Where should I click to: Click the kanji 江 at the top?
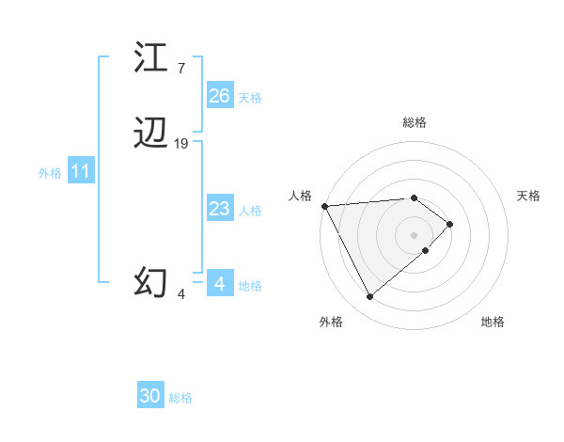coord(150,57)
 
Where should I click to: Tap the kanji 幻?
coord(150,281)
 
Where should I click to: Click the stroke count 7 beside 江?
coord(180,68)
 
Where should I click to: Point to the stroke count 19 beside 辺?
coord(181,144)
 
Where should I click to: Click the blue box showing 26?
coord(220,96)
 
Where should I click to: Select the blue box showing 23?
coord(220,209)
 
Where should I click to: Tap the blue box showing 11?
coord(81,172)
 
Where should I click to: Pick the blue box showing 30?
coord(150,397)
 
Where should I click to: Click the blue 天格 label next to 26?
coord(250,98)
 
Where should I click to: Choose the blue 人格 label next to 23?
coord(250,211)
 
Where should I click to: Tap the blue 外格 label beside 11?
coord(50,173)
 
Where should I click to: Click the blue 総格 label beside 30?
coord(180,399)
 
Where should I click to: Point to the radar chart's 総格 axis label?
coord(415,122)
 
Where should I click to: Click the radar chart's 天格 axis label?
coord(529,196)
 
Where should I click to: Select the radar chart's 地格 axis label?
coord(493,322)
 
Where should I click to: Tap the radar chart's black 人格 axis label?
coord(300,196)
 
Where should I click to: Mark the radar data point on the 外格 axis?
coord(369,297)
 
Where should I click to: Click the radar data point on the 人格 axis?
coord(323,205)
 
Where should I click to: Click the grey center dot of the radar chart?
coord(415,234)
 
